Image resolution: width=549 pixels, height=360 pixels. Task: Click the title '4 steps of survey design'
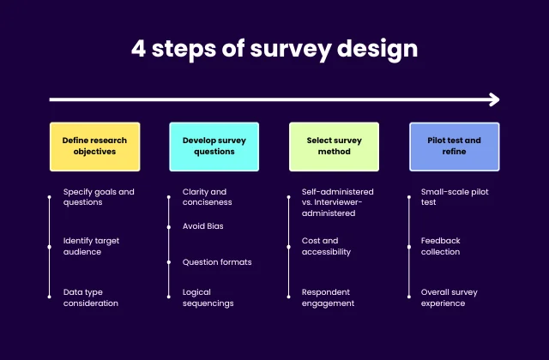tap(274, 48)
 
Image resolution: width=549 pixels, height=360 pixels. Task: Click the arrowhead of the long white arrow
tap(494, 99)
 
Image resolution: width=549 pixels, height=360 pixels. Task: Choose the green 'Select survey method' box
tap(334, 146)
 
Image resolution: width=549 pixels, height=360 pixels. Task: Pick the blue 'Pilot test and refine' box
tap(454, 146)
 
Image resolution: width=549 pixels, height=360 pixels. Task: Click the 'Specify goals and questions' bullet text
tap(99, 197)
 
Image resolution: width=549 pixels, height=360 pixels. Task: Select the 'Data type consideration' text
tap(91, 297)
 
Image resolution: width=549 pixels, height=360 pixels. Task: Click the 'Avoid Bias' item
tap(203, 226)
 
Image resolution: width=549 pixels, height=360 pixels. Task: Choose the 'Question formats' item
tap(217, 262)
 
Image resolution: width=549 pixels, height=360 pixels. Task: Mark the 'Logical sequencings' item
tap(208, 297)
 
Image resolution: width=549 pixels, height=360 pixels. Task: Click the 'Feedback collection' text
tap(440, 247)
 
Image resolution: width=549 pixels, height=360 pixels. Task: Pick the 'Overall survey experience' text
tap(449, 297)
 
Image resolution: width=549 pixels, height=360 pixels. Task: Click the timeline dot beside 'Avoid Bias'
tap(168, 226)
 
